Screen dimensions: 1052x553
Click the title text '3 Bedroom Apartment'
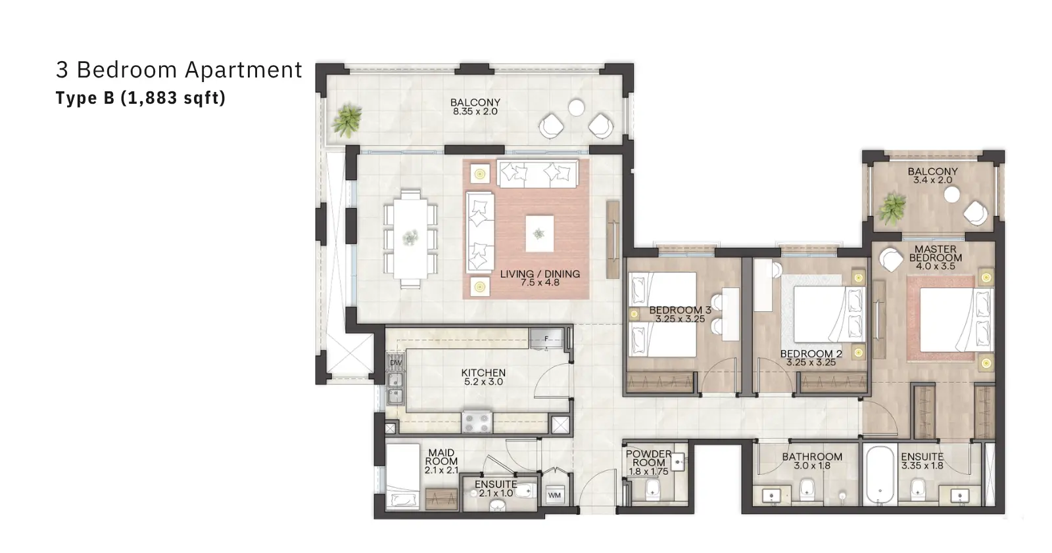179,70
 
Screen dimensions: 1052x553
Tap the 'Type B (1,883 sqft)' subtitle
141,98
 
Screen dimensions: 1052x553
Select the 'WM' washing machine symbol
554,495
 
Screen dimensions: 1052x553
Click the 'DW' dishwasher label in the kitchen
396,363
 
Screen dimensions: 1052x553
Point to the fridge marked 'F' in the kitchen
546,338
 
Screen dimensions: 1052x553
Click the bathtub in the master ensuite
880,475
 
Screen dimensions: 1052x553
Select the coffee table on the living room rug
539,234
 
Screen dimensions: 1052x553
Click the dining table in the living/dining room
410,238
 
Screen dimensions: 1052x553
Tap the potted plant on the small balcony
892,209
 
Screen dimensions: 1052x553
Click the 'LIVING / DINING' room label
540,274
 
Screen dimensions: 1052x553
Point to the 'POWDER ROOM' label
648,458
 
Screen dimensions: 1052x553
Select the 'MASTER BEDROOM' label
936,254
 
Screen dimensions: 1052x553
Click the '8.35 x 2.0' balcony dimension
475,112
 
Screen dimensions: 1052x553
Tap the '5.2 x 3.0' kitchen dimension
483,382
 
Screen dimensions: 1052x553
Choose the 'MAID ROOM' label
441,457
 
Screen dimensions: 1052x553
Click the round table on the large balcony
576,108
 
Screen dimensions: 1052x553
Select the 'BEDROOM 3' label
680,310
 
